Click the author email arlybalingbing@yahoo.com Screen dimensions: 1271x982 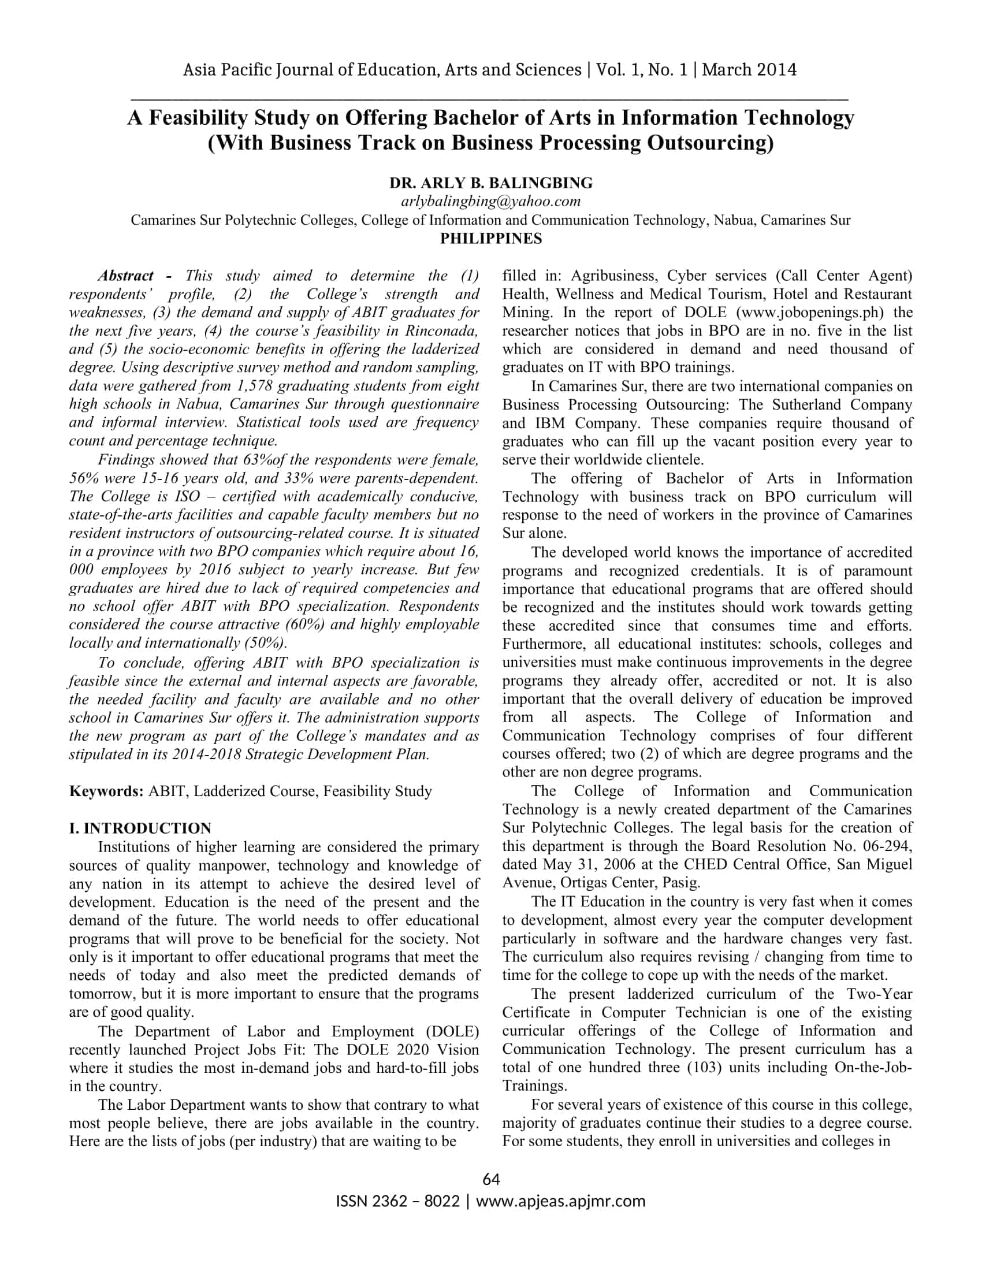pos(490,202)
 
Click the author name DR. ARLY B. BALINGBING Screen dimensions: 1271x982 pos(490,183)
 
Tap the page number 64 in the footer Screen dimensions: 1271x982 pos(491,1179)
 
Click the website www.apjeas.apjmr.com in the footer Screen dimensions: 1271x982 pos(561,1201)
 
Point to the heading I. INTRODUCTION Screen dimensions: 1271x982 pos(140,828)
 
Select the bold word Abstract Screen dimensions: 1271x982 pos(126,275)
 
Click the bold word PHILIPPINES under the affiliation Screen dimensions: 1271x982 pos(490,239)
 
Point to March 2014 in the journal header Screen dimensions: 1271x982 pos(749,70)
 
